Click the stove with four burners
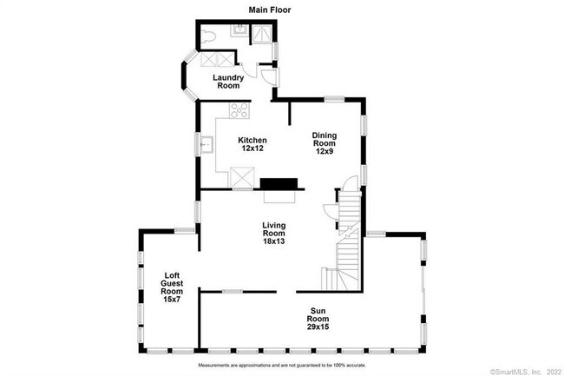coord(239,110)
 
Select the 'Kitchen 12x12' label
coord(252,144)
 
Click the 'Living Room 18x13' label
coord(274,233)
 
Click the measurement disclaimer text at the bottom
coord(281,366)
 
